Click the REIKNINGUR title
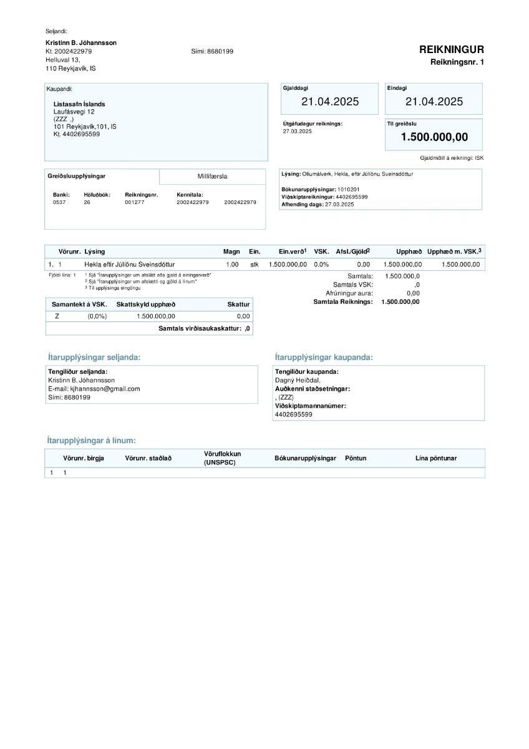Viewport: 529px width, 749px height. coord(451,50)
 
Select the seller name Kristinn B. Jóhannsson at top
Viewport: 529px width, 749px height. coord(81,42)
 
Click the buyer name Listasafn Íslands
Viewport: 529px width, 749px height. coord(79,104)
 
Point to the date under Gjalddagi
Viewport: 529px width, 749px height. coord(330,102)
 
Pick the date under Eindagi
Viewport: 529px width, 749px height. coord(434,102)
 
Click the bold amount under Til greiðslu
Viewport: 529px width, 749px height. coord(434,137)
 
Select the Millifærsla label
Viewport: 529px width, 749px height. coord(213,177)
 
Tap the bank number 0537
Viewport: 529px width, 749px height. coord(59,202)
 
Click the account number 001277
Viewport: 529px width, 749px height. coord(134,202)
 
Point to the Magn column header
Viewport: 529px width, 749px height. coord(231,252)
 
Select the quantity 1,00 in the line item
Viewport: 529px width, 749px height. coord(232,265)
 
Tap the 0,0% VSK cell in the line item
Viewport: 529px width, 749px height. coord(321,265)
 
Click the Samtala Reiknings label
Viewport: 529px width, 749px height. coord(342,302)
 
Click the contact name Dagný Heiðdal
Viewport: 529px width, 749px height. coord(298,380)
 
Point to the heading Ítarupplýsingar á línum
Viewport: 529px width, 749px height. coord(91,441)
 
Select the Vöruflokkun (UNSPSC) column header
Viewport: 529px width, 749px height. coord(222,458)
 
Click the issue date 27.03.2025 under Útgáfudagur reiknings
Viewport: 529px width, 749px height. coord(297,131)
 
